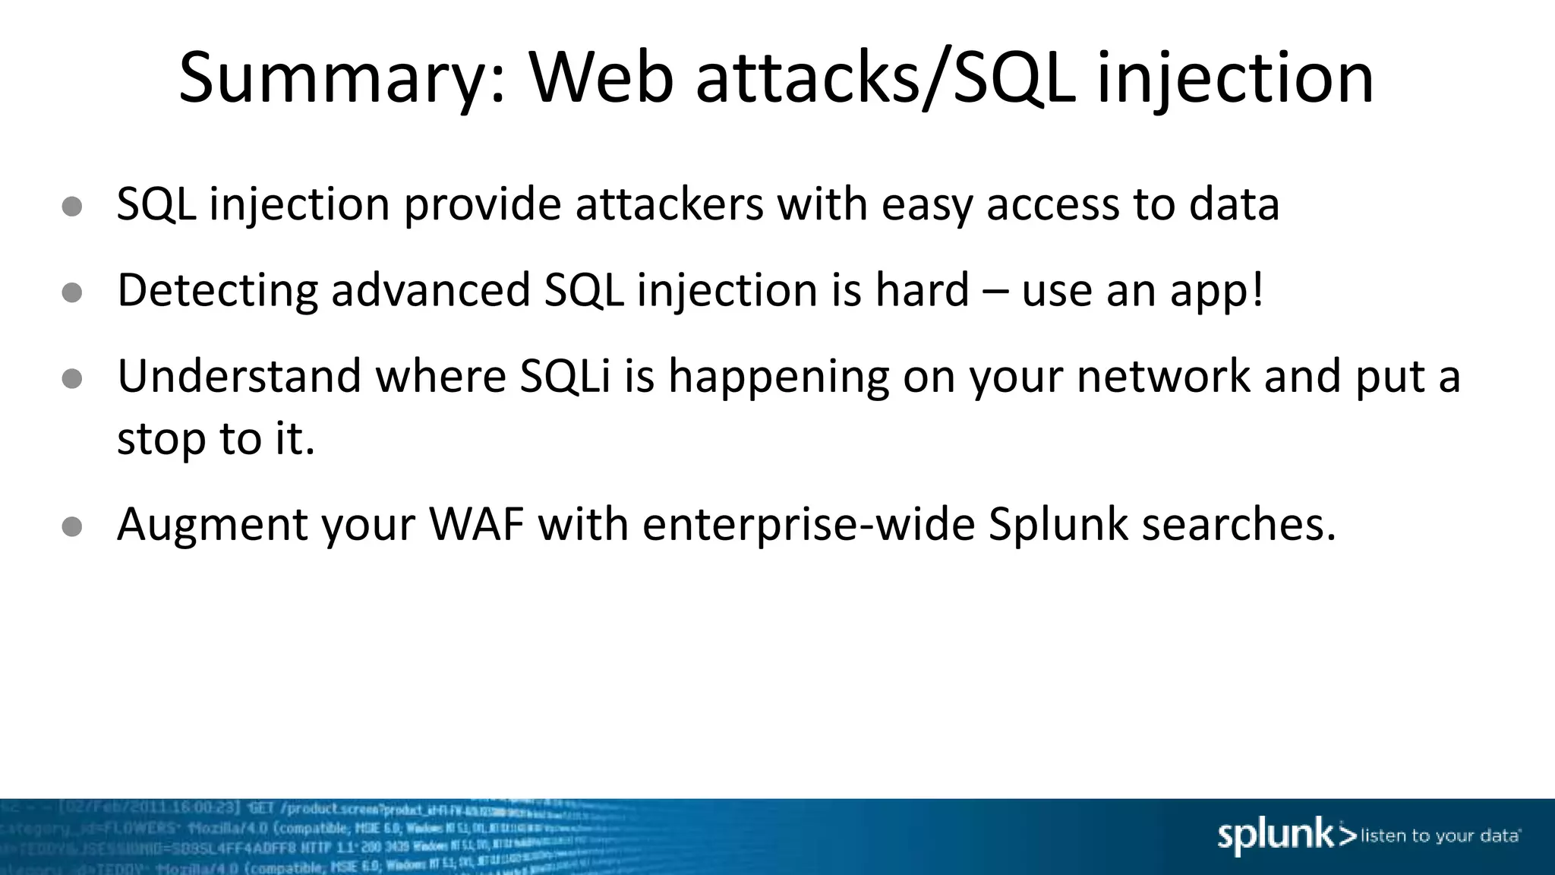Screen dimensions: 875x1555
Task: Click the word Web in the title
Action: point(601,77)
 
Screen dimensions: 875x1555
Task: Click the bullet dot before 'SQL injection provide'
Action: point(72,207)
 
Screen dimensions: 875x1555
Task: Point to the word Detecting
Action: point(217,292)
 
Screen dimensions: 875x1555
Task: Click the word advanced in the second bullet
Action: point(431,290)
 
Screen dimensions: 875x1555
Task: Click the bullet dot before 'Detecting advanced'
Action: point(72,292)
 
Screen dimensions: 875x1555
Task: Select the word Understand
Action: point(239,376)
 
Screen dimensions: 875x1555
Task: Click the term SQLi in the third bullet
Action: point(565,376)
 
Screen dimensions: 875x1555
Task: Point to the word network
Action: point(1162,376)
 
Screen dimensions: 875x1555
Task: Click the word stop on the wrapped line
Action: point(161,439)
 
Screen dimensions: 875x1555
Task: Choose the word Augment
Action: point(212,526)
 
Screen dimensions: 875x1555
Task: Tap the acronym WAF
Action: point(477,524)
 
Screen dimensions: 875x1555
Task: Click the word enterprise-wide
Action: point(808,526)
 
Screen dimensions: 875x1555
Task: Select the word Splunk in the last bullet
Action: point(1058,526)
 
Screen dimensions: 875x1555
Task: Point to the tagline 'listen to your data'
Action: point(1440,836)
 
